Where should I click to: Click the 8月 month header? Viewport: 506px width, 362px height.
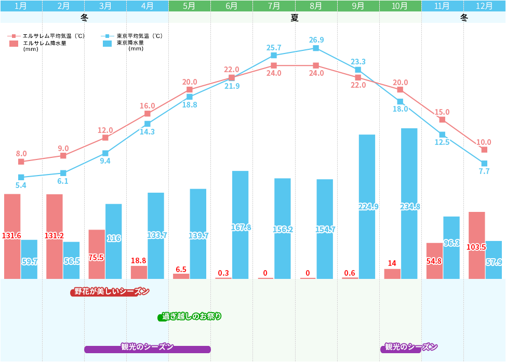(316, 6)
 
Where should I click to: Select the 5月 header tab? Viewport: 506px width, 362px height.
(190, 6)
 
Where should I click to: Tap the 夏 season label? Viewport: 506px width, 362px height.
(295, 17)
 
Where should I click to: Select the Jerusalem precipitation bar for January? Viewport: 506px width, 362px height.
(12, 236)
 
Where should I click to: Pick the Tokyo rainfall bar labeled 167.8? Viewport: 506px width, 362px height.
(240, 224)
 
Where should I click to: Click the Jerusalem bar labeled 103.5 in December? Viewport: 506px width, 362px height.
(476, 245)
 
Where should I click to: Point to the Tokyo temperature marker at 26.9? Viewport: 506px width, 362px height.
(316, 48)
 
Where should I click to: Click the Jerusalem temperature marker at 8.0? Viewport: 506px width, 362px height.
(21, 162)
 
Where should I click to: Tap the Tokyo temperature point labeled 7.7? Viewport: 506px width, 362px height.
(484, 164)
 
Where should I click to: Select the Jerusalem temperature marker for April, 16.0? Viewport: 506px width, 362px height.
(148, 113)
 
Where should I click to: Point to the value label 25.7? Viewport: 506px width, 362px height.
(274, 48)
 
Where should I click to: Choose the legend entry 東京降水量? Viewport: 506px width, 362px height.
(129, 43)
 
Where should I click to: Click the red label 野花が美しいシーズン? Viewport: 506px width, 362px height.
(110, 292)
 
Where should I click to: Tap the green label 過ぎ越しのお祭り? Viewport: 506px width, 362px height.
(190, 316)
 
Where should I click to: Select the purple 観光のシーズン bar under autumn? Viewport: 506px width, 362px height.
(408, 347)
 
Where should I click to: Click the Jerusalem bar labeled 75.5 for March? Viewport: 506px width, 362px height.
(97, 254)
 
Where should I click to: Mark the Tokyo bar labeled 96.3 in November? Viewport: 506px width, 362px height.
(451, 247)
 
